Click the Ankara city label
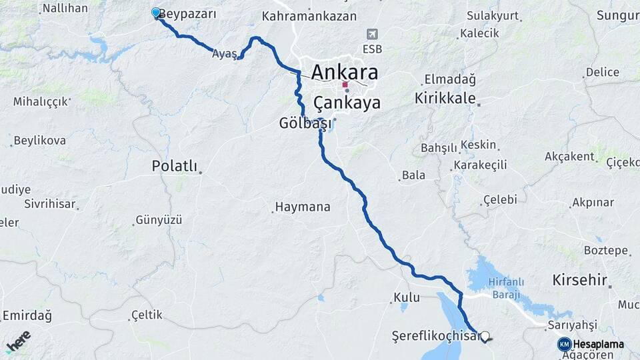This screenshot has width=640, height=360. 344,72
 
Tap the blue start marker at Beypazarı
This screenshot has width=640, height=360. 156,13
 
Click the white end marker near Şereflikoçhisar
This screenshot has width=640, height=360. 485,337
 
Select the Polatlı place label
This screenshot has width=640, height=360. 175,166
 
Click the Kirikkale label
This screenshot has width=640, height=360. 445,99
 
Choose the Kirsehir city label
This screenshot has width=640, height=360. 579,281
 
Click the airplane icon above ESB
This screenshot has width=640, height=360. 373,34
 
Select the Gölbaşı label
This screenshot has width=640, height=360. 305,123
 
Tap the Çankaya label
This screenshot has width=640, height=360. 347,103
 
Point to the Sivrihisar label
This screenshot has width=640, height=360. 49,203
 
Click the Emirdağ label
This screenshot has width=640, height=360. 27,315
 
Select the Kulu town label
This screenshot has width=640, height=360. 406,297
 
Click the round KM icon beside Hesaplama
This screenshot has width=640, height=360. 564,344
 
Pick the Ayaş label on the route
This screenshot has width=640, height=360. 225,55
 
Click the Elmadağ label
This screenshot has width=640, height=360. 450,79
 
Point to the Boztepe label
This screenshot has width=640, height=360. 606,251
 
